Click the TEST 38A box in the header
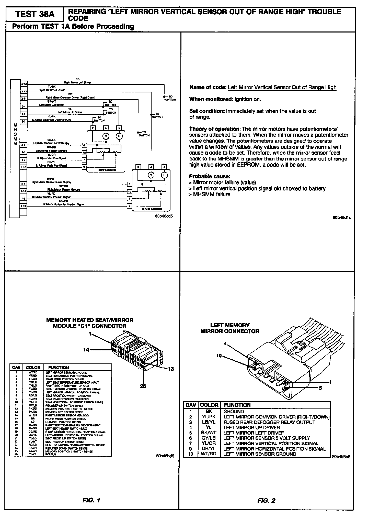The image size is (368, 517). click(x=35, y=14)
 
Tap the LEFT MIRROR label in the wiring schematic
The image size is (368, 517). click(x=107, y=170)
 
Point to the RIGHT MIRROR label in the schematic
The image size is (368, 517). click(x=152, y=209)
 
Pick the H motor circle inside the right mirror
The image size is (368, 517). click(x=164, y=175)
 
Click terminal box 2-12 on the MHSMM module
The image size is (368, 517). click(x=24, y=84)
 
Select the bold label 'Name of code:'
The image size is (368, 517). click(x=208, y=87)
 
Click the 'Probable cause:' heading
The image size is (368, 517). click(x=210, y=176)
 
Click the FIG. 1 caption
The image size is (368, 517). click(x=91, y=500)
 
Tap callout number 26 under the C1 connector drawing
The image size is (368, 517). click(x=143, y=386)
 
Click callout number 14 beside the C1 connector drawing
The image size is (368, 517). click(x=86, y=349)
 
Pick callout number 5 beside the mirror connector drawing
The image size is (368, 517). click(x=320, y=388)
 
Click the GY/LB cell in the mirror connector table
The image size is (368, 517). click(x=209, y=438)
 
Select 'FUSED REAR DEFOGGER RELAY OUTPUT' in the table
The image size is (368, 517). click(x=269, y=422)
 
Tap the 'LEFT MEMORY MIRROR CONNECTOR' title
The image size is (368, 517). click(x=230, y=328)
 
